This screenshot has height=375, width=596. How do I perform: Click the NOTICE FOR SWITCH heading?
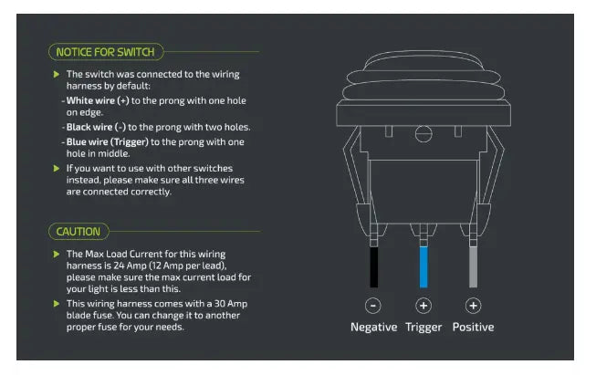pyautogui.click(x=105, y=52)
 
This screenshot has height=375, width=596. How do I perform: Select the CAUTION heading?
pyautogui.click(x=78, y=232)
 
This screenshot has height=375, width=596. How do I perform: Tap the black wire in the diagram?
pyautogui.click(x=374, y=267)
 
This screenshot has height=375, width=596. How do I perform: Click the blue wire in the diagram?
pyautogui.click(x=423, y=267)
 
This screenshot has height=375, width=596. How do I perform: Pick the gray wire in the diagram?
pyautogui.click(x=473, y=267)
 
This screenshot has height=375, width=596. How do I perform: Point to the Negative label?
pyautogui.click(x=373, y=327)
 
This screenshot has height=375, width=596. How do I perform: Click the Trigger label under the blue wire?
pyautogui.click(x=423, y=328)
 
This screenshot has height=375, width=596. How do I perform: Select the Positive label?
pyautogui.click(x=473, y=327)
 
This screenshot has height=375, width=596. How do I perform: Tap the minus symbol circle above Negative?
pyautogui.click(x=373, y=306)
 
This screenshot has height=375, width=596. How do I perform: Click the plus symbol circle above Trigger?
pyautogui.click(x=423, y=306)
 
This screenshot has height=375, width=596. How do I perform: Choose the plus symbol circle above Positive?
pyautogui.click(x=473, y=306)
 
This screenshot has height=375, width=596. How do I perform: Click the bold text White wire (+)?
pyautogui.click(x=98, y=100)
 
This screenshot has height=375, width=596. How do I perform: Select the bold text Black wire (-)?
pyautogui.click(x=96, y=127)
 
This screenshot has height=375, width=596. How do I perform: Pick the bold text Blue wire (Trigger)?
pyautogui.click(x=108, y=142)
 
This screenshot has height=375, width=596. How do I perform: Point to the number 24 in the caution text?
pyautogui.click(x=120, y=266)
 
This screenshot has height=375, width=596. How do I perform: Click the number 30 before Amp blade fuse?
pyautogui.click(x=220, y=304)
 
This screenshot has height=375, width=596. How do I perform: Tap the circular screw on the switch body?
pyautogui.click(x=423, y=134)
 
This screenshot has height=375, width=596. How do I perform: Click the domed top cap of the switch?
pyautogui.click(x=423, y=61)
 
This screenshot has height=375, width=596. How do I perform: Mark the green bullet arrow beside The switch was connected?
pyautogui.click(x=57, y=74)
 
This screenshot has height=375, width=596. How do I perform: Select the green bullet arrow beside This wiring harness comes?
pyautogui.click(x=57, y=304)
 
